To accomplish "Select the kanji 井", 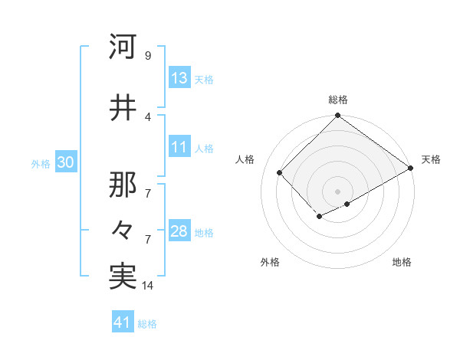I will point(123,106).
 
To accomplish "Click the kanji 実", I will point(123,276).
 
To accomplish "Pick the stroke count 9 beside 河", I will point(147,56).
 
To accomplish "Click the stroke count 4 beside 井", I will point(147,116).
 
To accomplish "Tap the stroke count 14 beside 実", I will point(149,286).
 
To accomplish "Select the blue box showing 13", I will point(179,78).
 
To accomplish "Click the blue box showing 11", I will point(179,147).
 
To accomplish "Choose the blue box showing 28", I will point(179,231).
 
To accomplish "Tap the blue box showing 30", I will point(65,163).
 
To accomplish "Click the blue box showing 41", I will point(123,322).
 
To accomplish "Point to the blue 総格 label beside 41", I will point(147,324).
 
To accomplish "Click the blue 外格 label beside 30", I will point(41,164).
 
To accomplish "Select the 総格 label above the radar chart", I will point(338,100).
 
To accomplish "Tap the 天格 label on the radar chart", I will point(431,159).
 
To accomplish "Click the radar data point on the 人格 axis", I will point(280,173).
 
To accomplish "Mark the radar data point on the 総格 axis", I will point(337,116).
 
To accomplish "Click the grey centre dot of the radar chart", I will point(337,191).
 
